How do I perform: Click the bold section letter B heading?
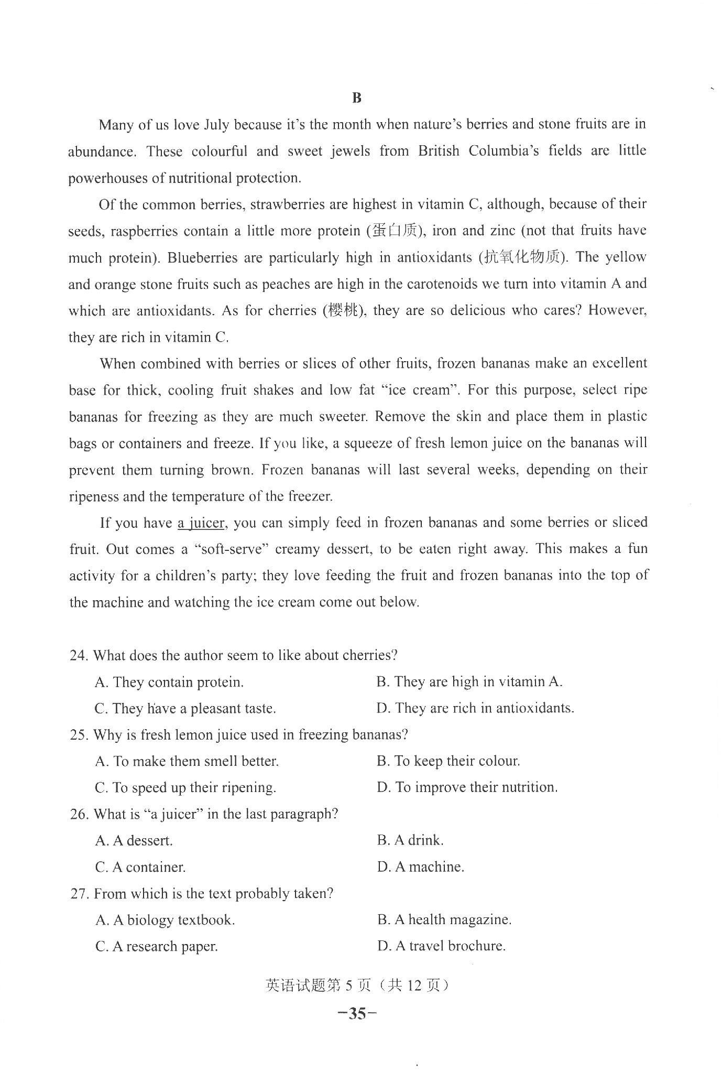click(x=357, y=98)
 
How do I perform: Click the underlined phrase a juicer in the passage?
click(x=201, y=523)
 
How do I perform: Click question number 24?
click(x=80, y=656)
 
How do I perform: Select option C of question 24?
click(x=185, y=709)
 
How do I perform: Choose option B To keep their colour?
click(x=448, y=761)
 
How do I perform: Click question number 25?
click(x=80, y=735)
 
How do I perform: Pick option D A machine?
click(x=421, y=867)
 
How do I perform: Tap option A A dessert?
click(x=134, y=841)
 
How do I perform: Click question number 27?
click(x=80, y=894)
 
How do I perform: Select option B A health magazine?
click(x=444, y=920)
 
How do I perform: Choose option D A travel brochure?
click(x=441, y=946)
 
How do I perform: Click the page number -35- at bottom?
click(x=357, y=1014)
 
